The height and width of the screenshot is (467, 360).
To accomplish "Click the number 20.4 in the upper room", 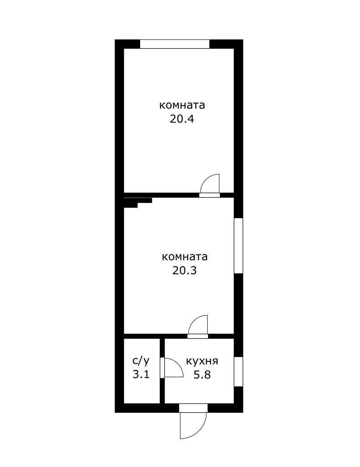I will pyautogui.click(x=182, y=119).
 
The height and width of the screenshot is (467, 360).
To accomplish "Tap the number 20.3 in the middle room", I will pyautogui.click(x=184, y=270).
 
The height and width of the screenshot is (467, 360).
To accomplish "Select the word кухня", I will pyautogui.click(x=202, y=361).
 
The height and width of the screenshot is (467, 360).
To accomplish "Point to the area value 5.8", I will pyautogui.click(x=202, y=375).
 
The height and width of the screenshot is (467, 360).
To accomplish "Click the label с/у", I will pyautogui.click(x=141, y=361).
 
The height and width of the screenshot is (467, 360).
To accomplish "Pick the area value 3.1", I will pyautogui.click(x=141, y=375).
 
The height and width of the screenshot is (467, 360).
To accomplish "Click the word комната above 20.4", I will pyautogui.click(x=182, y=106).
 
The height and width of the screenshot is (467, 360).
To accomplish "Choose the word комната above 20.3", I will pyautogui.click(x=184, y=256).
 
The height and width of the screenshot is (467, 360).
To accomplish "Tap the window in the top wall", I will pyautogui.click(x=175, y=44).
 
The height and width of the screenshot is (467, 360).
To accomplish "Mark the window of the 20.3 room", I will pyautogui.click(x=238, y=245).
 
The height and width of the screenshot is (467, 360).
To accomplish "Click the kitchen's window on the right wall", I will pyautogui.click(x=238, y=371).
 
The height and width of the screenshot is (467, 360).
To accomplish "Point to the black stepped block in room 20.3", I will pyautogui.click(x=137, y=202).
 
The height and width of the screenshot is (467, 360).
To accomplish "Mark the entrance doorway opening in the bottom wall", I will pyautogui.click(x=193, y=408).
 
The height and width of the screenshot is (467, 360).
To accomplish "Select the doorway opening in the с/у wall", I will pyautogui.click(x=162, y=367).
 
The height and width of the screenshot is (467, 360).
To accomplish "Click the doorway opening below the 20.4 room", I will pyautogui.click(x=209, y=195).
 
